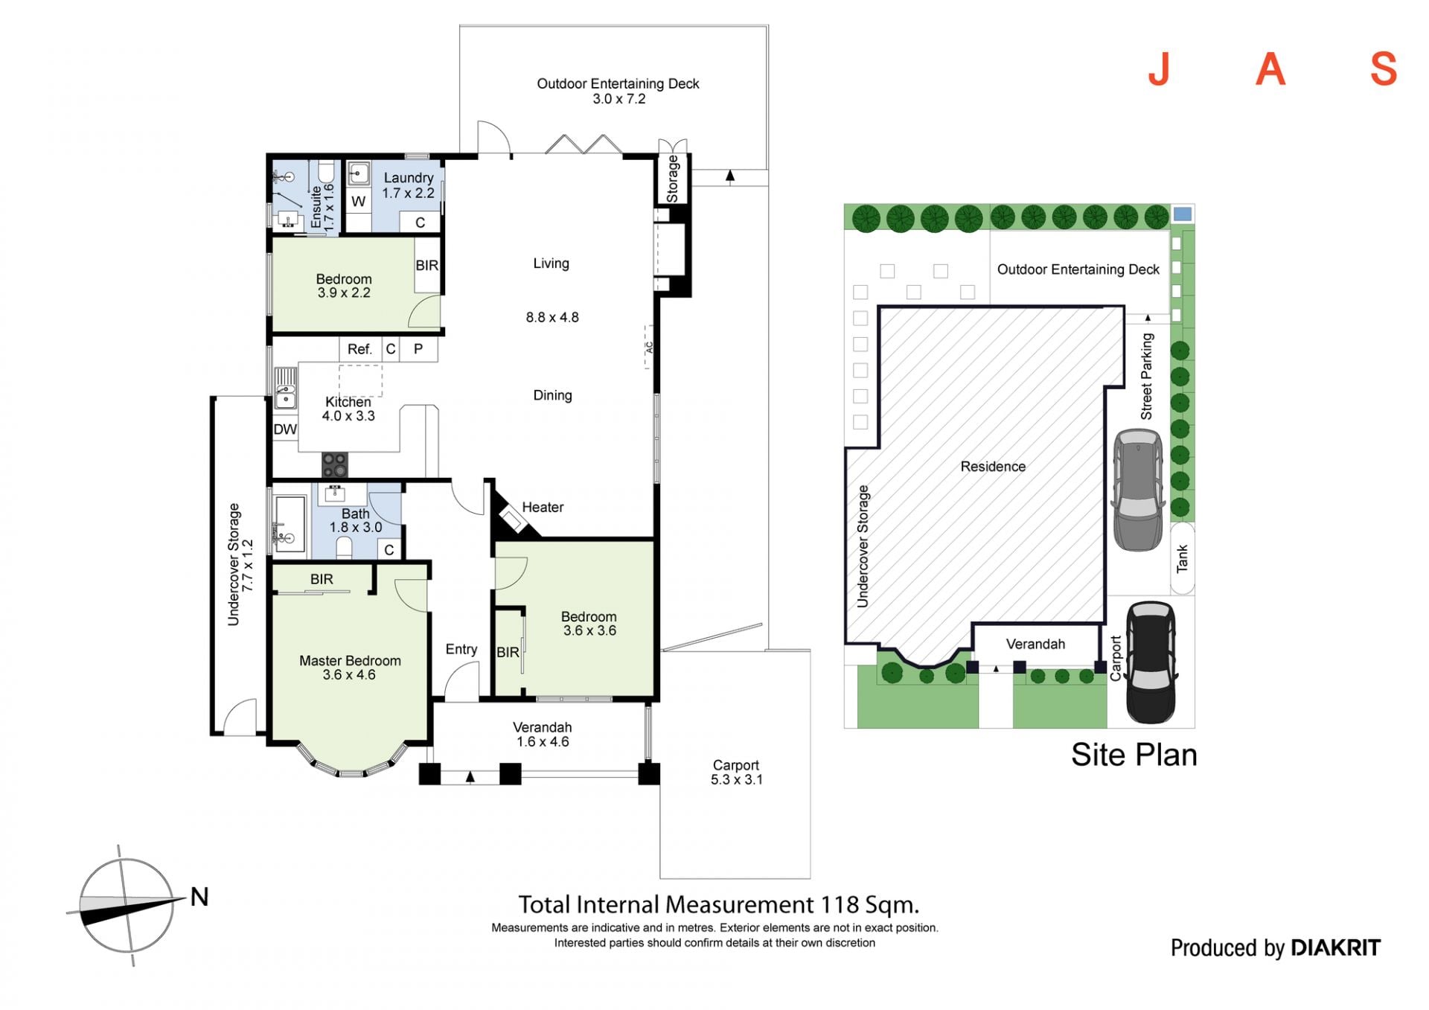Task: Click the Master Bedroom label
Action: tap(350, 661)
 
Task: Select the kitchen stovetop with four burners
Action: tap(334, 465)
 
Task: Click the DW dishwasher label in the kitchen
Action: tap(285, 429)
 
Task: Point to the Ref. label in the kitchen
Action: tap(359, 349)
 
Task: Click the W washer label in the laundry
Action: tap(358, 202)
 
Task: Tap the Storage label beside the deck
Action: tap(672, 179)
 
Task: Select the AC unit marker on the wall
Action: tap(649, 347)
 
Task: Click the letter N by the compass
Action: tap(199, 897)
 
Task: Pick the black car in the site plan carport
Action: tap(1151, 662)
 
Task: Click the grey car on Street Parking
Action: tap(1138, 490)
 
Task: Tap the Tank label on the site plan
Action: tap(1182, 559)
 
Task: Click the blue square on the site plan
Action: tap(1182, 214)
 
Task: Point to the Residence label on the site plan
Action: tap(993, 467)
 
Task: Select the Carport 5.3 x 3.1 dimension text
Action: tap(736, 780)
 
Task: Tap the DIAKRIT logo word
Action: tap(1335, 947)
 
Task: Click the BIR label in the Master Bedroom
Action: tap(322, 579)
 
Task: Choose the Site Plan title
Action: tap(1134, 755)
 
